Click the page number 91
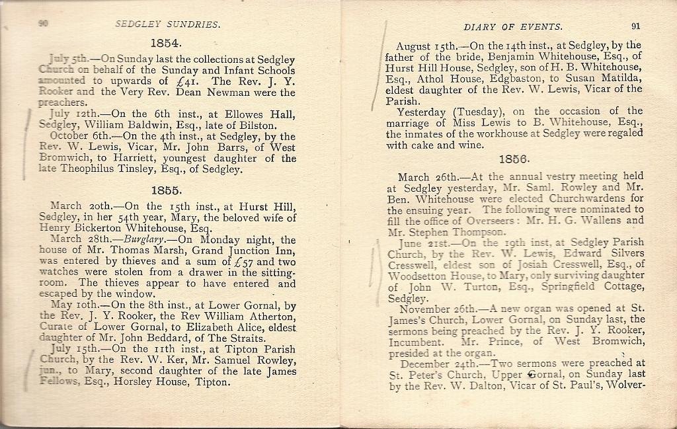point(635,27)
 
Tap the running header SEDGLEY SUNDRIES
point(167,25)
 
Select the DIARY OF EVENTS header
point(513,28)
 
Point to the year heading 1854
point(165,44)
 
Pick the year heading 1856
point(514,159)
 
